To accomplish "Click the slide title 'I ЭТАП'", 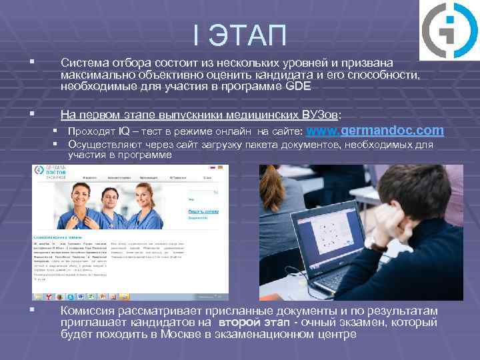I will tap(239, 35).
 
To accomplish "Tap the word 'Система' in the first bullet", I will tap(87, 62).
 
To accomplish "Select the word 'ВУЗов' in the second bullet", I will tap(319, 113).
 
